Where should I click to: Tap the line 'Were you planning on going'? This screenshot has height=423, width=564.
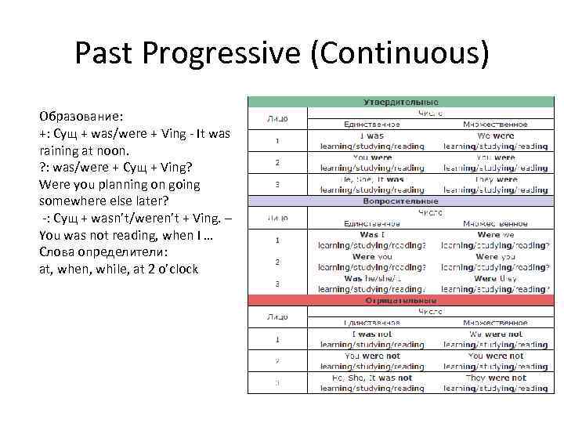(119, 185)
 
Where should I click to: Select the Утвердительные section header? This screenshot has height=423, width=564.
(400, 102)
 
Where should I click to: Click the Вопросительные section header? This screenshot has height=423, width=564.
(400, 201)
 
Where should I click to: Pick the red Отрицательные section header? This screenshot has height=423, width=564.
(400, 301)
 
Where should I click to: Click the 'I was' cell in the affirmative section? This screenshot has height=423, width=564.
(372, 136)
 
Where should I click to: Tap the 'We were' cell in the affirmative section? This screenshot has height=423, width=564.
(495, 136)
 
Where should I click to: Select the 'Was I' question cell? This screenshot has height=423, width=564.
(372, 235)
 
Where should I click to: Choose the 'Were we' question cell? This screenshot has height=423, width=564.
(495, 235)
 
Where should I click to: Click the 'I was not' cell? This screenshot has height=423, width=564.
(372, 334)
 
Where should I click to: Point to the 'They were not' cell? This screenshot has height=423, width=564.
(495, 378)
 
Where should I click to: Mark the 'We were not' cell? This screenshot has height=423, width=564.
(495, 334)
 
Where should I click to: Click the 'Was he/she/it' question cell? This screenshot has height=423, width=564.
(372, 279)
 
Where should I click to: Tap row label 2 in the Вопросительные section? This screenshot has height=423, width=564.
(277, 262)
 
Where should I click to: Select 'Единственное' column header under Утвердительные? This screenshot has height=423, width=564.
(372, 124)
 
